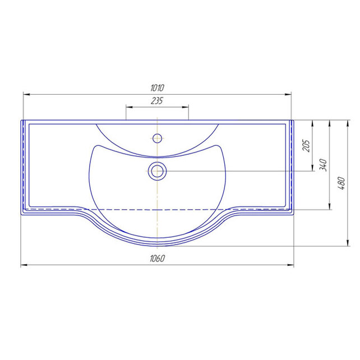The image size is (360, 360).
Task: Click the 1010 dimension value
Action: (157, 88)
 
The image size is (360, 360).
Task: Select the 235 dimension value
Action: (157, 101)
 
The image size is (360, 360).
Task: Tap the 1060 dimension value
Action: (157, 259)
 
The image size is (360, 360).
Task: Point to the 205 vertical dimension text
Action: (306, 145)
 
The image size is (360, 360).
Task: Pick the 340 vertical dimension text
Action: (323, 165)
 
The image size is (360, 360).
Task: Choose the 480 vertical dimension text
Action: (341, 183)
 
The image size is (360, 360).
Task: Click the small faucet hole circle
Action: (157, 138)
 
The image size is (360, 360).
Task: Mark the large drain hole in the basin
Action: (157, 171)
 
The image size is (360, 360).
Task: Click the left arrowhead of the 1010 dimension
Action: (26, 94)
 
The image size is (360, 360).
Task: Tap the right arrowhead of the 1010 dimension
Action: (288, 94)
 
